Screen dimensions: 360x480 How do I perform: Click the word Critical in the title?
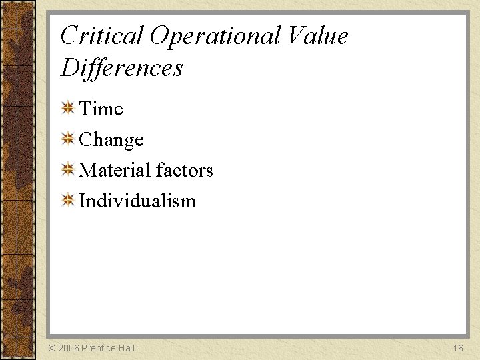pos(102,36)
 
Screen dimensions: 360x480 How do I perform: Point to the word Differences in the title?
pos(121,67)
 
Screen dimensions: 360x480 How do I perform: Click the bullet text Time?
pos(101,109)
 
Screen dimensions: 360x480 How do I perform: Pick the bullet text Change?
pos(111,140)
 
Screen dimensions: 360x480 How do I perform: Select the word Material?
pos(117,170)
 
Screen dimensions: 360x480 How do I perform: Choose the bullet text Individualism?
pos(137,201)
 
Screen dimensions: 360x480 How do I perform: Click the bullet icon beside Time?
pos(67,108)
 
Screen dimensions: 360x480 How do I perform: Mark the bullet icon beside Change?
pos(67,139)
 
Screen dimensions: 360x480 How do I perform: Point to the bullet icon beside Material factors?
pos(67,169)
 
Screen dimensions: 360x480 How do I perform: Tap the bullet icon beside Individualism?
pos(67,200)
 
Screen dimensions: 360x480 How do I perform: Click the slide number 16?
pos(458,348)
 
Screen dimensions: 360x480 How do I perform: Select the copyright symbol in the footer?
pos(52,348)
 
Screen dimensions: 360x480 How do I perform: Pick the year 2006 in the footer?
pos(69,348)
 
